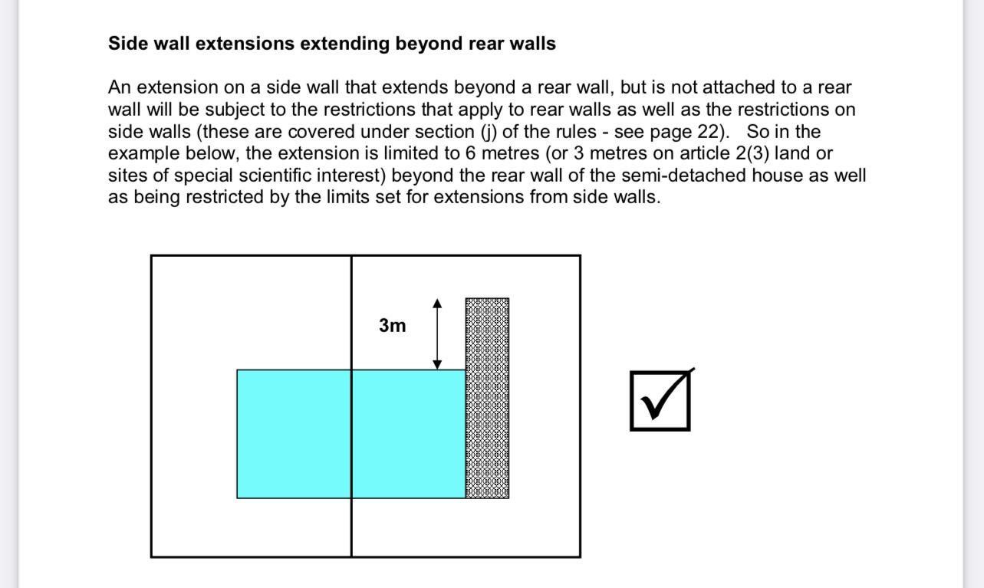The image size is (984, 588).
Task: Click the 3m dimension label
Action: (x=392, y=325)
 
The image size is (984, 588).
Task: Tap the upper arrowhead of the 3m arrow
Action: (x=437, y=304)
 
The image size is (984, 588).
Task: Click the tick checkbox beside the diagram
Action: (x=660, y=400)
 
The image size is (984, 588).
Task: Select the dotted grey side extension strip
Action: (x=487, y=398)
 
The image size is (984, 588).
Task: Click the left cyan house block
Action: (x=294, y=434)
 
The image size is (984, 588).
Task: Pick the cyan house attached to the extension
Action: (x=409, y=434)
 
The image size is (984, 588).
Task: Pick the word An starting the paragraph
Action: (x=120, y=87)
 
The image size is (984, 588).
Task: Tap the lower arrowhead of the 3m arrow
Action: (x=437, y=364)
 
